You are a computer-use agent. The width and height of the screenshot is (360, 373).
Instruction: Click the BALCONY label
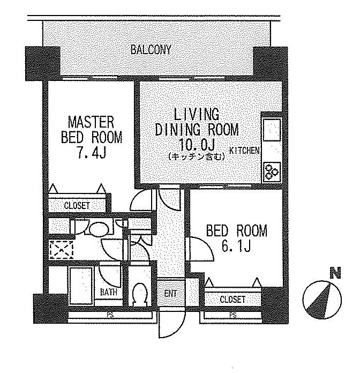(151, 50)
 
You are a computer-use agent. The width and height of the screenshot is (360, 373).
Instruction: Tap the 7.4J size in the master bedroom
(91, 153)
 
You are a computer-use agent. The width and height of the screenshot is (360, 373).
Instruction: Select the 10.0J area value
(197, 145)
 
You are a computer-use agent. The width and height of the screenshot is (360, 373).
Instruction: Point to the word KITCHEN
(244, 151)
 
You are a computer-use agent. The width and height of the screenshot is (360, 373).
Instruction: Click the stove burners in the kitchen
(272, 171)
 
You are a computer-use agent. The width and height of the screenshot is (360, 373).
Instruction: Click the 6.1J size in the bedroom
(236, 246)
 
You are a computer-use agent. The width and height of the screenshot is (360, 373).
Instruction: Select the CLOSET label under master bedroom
(77, 206)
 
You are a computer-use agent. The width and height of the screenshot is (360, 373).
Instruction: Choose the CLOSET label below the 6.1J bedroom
(232, 299)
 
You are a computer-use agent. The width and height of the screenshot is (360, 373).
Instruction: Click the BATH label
(108, 292)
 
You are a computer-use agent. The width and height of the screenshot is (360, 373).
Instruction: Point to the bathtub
(81, 286)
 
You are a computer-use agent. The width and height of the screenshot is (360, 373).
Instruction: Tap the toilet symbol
(140, 294)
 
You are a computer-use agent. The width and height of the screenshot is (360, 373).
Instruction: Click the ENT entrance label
(170, 294)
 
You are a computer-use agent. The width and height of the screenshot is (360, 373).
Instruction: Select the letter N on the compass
(335, 273)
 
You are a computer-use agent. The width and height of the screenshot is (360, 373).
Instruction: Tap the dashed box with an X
(61, 250)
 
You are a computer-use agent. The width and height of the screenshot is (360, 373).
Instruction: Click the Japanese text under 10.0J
(197, 157)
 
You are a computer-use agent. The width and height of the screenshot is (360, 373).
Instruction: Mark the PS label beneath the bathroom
(110, 315)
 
